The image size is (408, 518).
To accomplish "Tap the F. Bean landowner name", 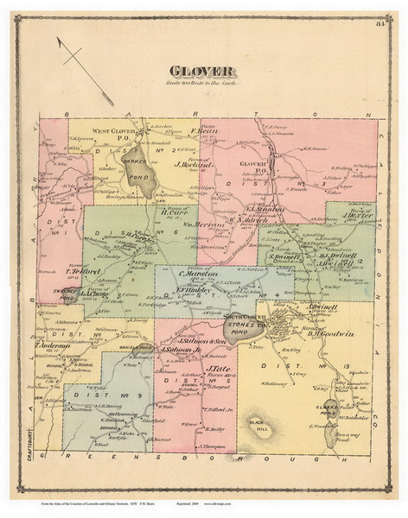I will (x=201, y=135).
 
